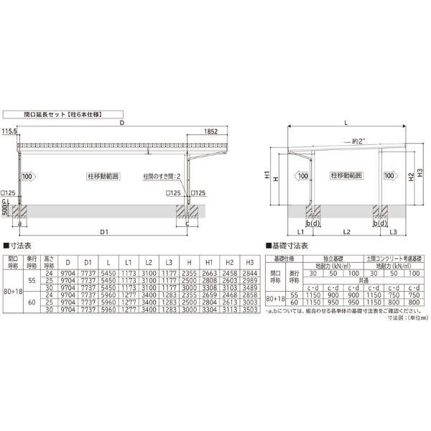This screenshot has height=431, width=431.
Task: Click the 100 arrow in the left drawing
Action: pyautogui.click(x=27, y=176)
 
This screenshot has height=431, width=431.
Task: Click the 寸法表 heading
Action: pyautogui.click(x=17, y=245)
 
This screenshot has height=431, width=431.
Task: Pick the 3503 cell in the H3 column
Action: pyautogui.click(x=249, y=309)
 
